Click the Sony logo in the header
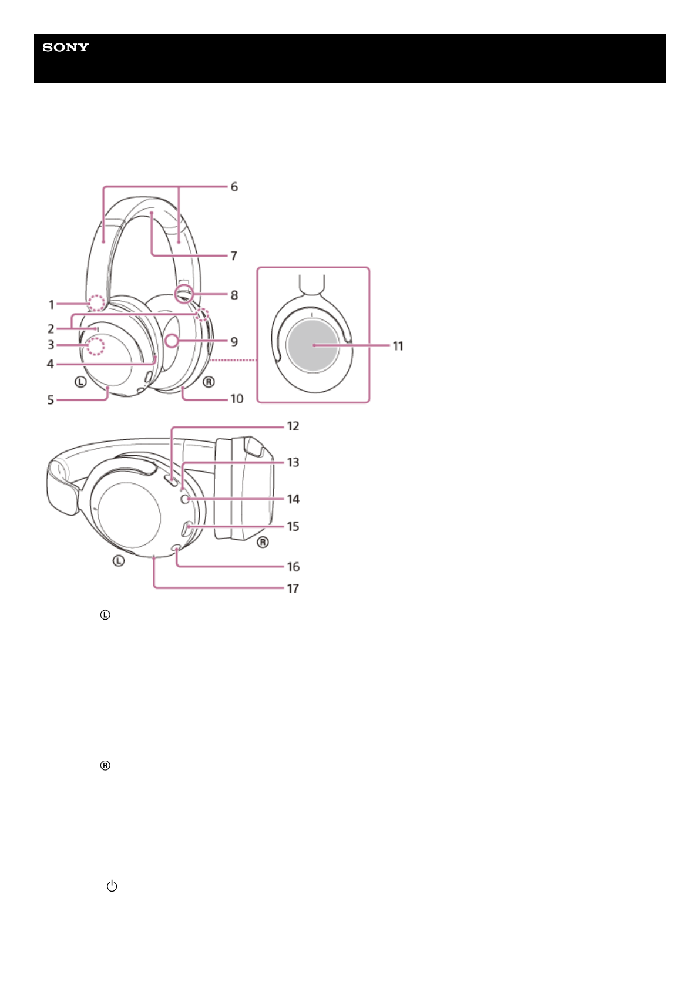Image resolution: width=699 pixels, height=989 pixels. coord(66,48)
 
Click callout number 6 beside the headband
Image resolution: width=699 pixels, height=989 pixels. coord(234,187)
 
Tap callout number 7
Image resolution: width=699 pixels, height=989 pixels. coord(234,256)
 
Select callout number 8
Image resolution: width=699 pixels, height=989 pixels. coord(234,295)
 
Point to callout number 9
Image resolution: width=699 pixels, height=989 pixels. coord(234,342)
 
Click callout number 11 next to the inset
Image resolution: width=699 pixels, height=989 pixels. coord(398,346)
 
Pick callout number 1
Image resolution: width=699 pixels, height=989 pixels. coord(52,304)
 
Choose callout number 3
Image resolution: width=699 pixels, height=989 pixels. coord(51,345)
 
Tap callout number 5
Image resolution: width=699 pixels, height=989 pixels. coord(51,400)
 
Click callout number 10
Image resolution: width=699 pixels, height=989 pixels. coord(237,399)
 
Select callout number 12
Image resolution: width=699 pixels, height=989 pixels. coord(293,426)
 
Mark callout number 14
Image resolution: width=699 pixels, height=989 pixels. coord(293,499)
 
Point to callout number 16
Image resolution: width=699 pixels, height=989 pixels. coord(293,567)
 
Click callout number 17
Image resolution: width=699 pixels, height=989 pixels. coord(293,588)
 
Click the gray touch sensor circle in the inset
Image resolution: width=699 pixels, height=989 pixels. coord(312,346)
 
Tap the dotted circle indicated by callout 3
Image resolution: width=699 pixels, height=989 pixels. coord(95,347)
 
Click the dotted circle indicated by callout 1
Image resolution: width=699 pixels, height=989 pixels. coord(96,302)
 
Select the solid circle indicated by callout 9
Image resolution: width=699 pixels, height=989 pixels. coord(172,340)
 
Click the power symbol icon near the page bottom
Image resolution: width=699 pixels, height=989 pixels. coord(112,886)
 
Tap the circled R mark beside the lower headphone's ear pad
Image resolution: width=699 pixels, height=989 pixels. coord(263,542)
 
